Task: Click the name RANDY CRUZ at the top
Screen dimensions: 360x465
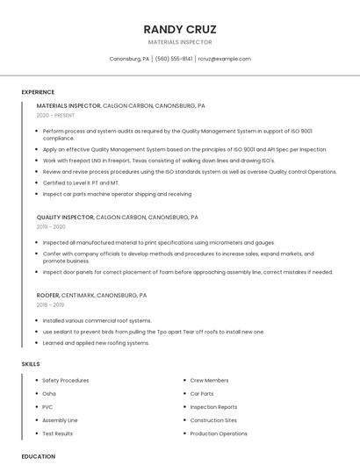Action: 179,29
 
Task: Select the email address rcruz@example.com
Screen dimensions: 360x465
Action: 224,59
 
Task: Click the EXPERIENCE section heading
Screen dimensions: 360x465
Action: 38,91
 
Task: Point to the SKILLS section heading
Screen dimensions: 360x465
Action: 31,363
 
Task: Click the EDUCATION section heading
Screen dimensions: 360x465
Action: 38,456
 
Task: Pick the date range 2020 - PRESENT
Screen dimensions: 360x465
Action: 55,116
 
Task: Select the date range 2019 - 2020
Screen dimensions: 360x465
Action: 51,227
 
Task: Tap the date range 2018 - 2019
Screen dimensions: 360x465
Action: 51,305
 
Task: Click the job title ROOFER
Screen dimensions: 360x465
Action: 48,296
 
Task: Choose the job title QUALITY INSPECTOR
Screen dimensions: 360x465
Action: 65,218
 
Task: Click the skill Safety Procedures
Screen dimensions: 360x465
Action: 66,381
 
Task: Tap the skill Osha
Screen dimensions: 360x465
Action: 50,394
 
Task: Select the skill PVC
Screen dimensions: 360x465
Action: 48,407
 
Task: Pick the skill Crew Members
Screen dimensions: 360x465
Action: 209,381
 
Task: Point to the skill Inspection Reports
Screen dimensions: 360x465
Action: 213,407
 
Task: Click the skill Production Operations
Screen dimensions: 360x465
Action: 219,433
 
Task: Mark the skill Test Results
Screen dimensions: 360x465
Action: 58,433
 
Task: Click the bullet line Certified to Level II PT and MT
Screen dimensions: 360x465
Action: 87,182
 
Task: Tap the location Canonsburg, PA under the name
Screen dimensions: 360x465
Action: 128,59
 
